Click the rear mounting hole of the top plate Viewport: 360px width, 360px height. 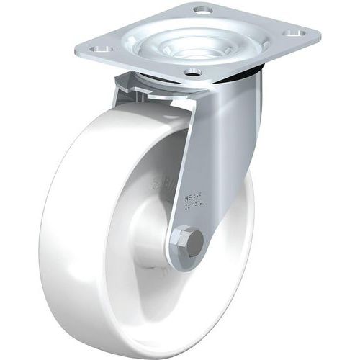(x=202, y=11)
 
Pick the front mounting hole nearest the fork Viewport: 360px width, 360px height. (x=191, y=72)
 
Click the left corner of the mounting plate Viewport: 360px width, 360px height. (x=78, y=50)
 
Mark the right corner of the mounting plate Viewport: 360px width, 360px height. (x=317, y=32)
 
